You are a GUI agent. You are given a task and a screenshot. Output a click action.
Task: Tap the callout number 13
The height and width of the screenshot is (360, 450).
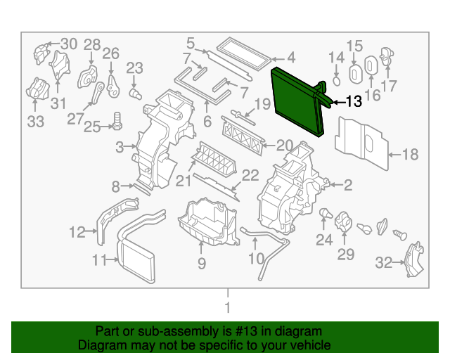(353, 103)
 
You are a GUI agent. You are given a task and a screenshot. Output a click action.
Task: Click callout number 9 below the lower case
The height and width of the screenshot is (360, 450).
(201, 264)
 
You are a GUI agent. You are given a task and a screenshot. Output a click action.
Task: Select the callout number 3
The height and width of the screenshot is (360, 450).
(120, 146)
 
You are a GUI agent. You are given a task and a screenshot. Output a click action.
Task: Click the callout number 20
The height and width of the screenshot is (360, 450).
(284, 146)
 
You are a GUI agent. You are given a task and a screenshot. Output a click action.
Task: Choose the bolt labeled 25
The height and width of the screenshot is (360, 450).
(117, 126)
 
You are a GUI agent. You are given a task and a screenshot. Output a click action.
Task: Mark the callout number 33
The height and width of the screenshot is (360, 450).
(35, 122)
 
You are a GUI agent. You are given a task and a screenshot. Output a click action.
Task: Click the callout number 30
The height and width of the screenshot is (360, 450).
(68, 44)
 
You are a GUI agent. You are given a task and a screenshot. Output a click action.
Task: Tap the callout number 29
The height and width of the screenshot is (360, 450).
(345, 254)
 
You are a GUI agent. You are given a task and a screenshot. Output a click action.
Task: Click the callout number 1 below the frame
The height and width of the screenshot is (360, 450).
(226, 307)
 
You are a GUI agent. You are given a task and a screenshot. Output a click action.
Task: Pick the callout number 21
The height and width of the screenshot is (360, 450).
(184, 181)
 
